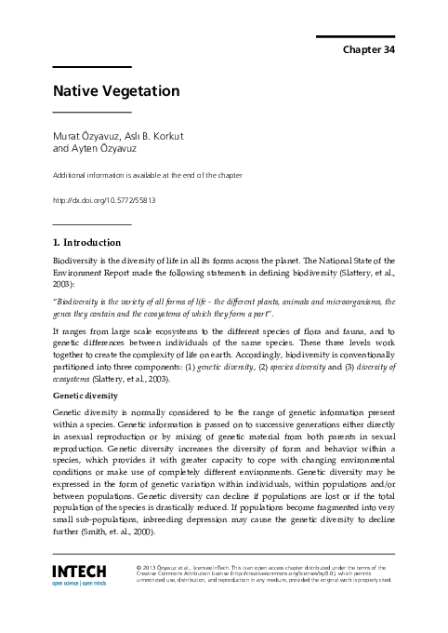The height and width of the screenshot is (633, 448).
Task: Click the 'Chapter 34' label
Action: click(369, 50)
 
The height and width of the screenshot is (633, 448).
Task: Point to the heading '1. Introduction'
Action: click(93, 243)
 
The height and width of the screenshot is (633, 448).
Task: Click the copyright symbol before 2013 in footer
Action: click(138, 566)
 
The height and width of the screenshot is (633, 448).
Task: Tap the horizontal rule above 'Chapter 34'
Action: click(356, 36)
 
